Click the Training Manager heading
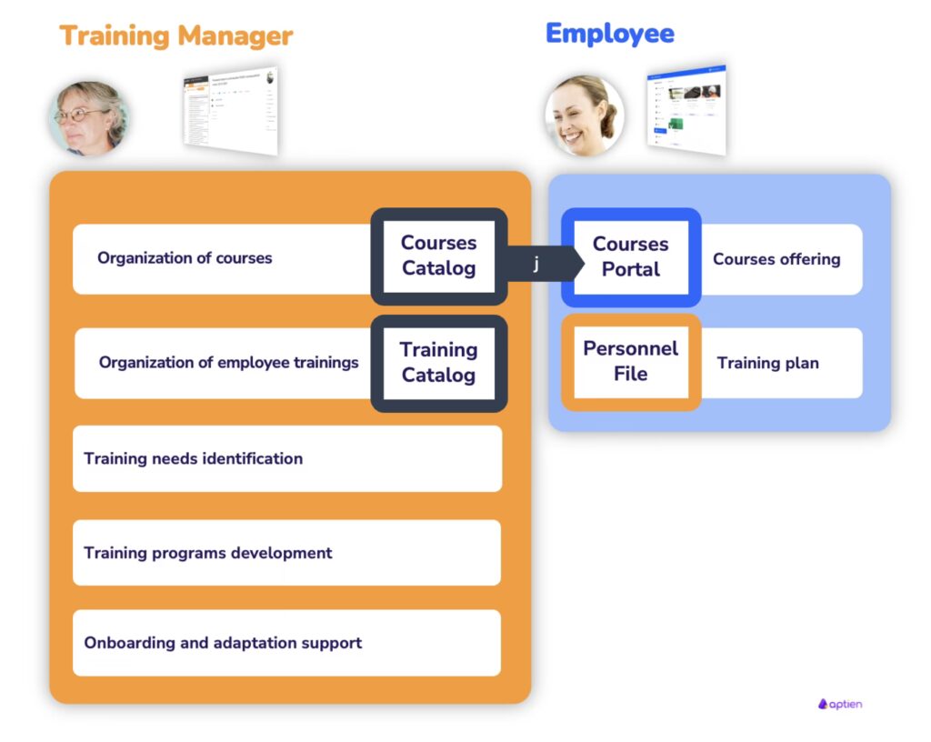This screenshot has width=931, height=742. pos(176,36)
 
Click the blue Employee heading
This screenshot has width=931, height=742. pos(609,35)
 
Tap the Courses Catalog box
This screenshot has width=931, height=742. pos(438,256)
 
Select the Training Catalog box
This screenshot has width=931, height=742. pos(438,362)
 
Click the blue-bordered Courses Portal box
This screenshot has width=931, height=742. pos(630,256)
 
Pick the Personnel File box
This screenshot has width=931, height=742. pos(630,361)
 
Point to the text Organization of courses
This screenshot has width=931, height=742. pos(185,258)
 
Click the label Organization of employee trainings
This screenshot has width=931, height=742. pos(228,363)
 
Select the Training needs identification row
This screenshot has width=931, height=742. pos(285,458)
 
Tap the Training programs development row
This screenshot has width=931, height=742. pos(285,553)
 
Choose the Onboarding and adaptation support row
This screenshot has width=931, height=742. pos(285,643)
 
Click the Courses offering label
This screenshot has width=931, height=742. pos(776,259)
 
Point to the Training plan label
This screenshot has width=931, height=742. pos(767,364)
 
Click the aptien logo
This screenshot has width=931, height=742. pos(839,704)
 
